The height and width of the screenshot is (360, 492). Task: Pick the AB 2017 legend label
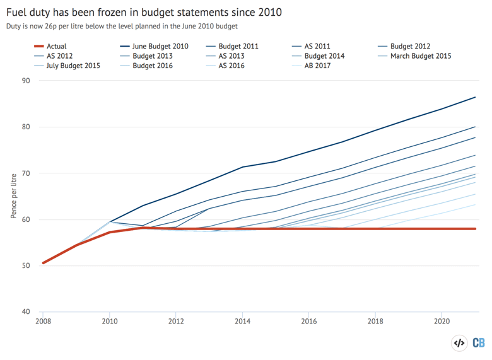tap(317, 65)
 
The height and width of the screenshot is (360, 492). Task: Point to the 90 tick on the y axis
tap(26, 81)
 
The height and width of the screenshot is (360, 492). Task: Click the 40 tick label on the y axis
tap(26, 312)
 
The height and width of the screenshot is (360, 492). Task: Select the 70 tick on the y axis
tap(26, 173)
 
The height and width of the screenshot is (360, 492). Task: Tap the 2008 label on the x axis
tap(43, 322)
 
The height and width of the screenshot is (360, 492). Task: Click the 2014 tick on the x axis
tap(243, 322)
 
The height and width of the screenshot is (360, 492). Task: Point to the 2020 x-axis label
tap(442, 322)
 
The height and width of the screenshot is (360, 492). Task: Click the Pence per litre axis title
tap(13, 196)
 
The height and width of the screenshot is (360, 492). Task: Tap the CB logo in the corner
tap(478, 344)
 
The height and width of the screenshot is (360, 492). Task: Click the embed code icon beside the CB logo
tap(459, 344)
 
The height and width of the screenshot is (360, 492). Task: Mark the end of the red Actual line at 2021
tap(475, 229)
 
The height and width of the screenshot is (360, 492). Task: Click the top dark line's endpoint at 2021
tap(475, 97)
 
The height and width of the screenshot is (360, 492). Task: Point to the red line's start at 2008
tap(43, 263)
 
